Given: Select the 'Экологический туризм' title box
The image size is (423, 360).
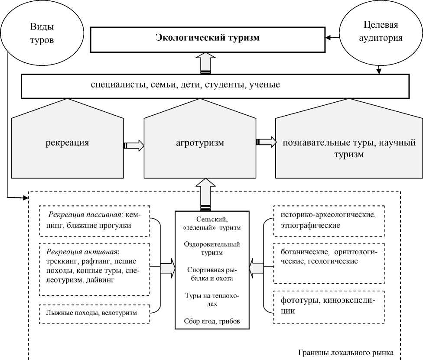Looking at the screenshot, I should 207,38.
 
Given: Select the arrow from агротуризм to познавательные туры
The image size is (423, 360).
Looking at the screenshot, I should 266,142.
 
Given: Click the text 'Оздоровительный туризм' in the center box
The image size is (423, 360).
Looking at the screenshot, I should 211,249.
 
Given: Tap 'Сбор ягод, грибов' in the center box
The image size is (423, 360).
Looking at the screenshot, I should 211,321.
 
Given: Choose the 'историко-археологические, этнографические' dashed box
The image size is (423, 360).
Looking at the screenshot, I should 329,221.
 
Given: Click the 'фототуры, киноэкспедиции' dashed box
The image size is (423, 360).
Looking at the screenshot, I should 329,306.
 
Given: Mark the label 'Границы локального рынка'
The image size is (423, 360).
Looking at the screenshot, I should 346,352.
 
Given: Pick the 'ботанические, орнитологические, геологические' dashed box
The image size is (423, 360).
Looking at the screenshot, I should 329,257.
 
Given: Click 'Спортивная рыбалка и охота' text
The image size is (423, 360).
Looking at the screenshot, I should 211,274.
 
